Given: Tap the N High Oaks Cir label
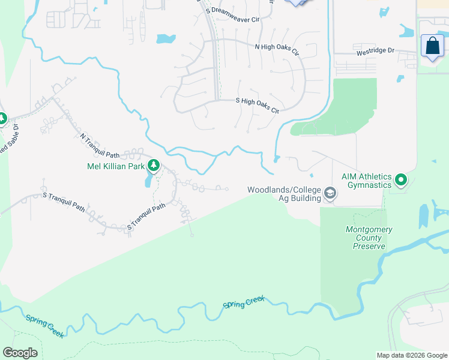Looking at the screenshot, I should pyautogui.click(x=277, y=49).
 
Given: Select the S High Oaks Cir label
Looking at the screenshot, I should pyautogui.click(x=258, y=105).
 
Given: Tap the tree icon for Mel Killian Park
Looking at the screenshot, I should pyautogui.click(x=154, y=165).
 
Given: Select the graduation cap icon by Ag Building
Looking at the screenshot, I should pyautogui.click(x=329, y=194).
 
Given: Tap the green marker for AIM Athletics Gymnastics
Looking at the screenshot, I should pyautogui.click(x=401, y=179).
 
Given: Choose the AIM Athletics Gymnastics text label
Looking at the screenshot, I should pyautogui.click(x=366, y=181).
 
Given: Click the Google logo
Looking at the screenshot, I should pyautogui.click(x=20, y=352).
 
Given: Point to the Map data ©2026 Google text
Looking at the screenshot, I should pyautogui.click(x=412, y=355).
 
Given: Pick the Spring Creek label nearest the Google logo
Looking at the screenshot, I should pyautogui.click(x=44, y=325).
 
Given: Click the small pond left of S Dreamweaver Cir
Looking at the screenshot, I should pyautogui.click(x=166, y=39).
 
